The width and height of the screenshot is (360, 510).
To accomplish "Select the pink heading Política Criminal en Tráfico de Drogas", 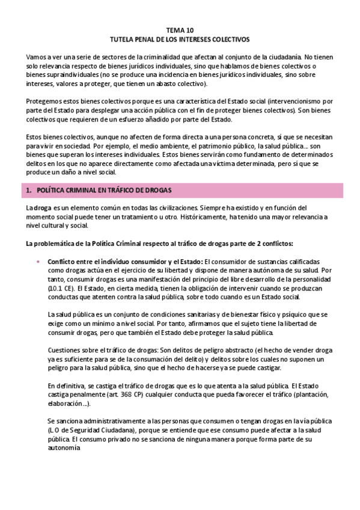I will pyautogui.click(x=105, y=191).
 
